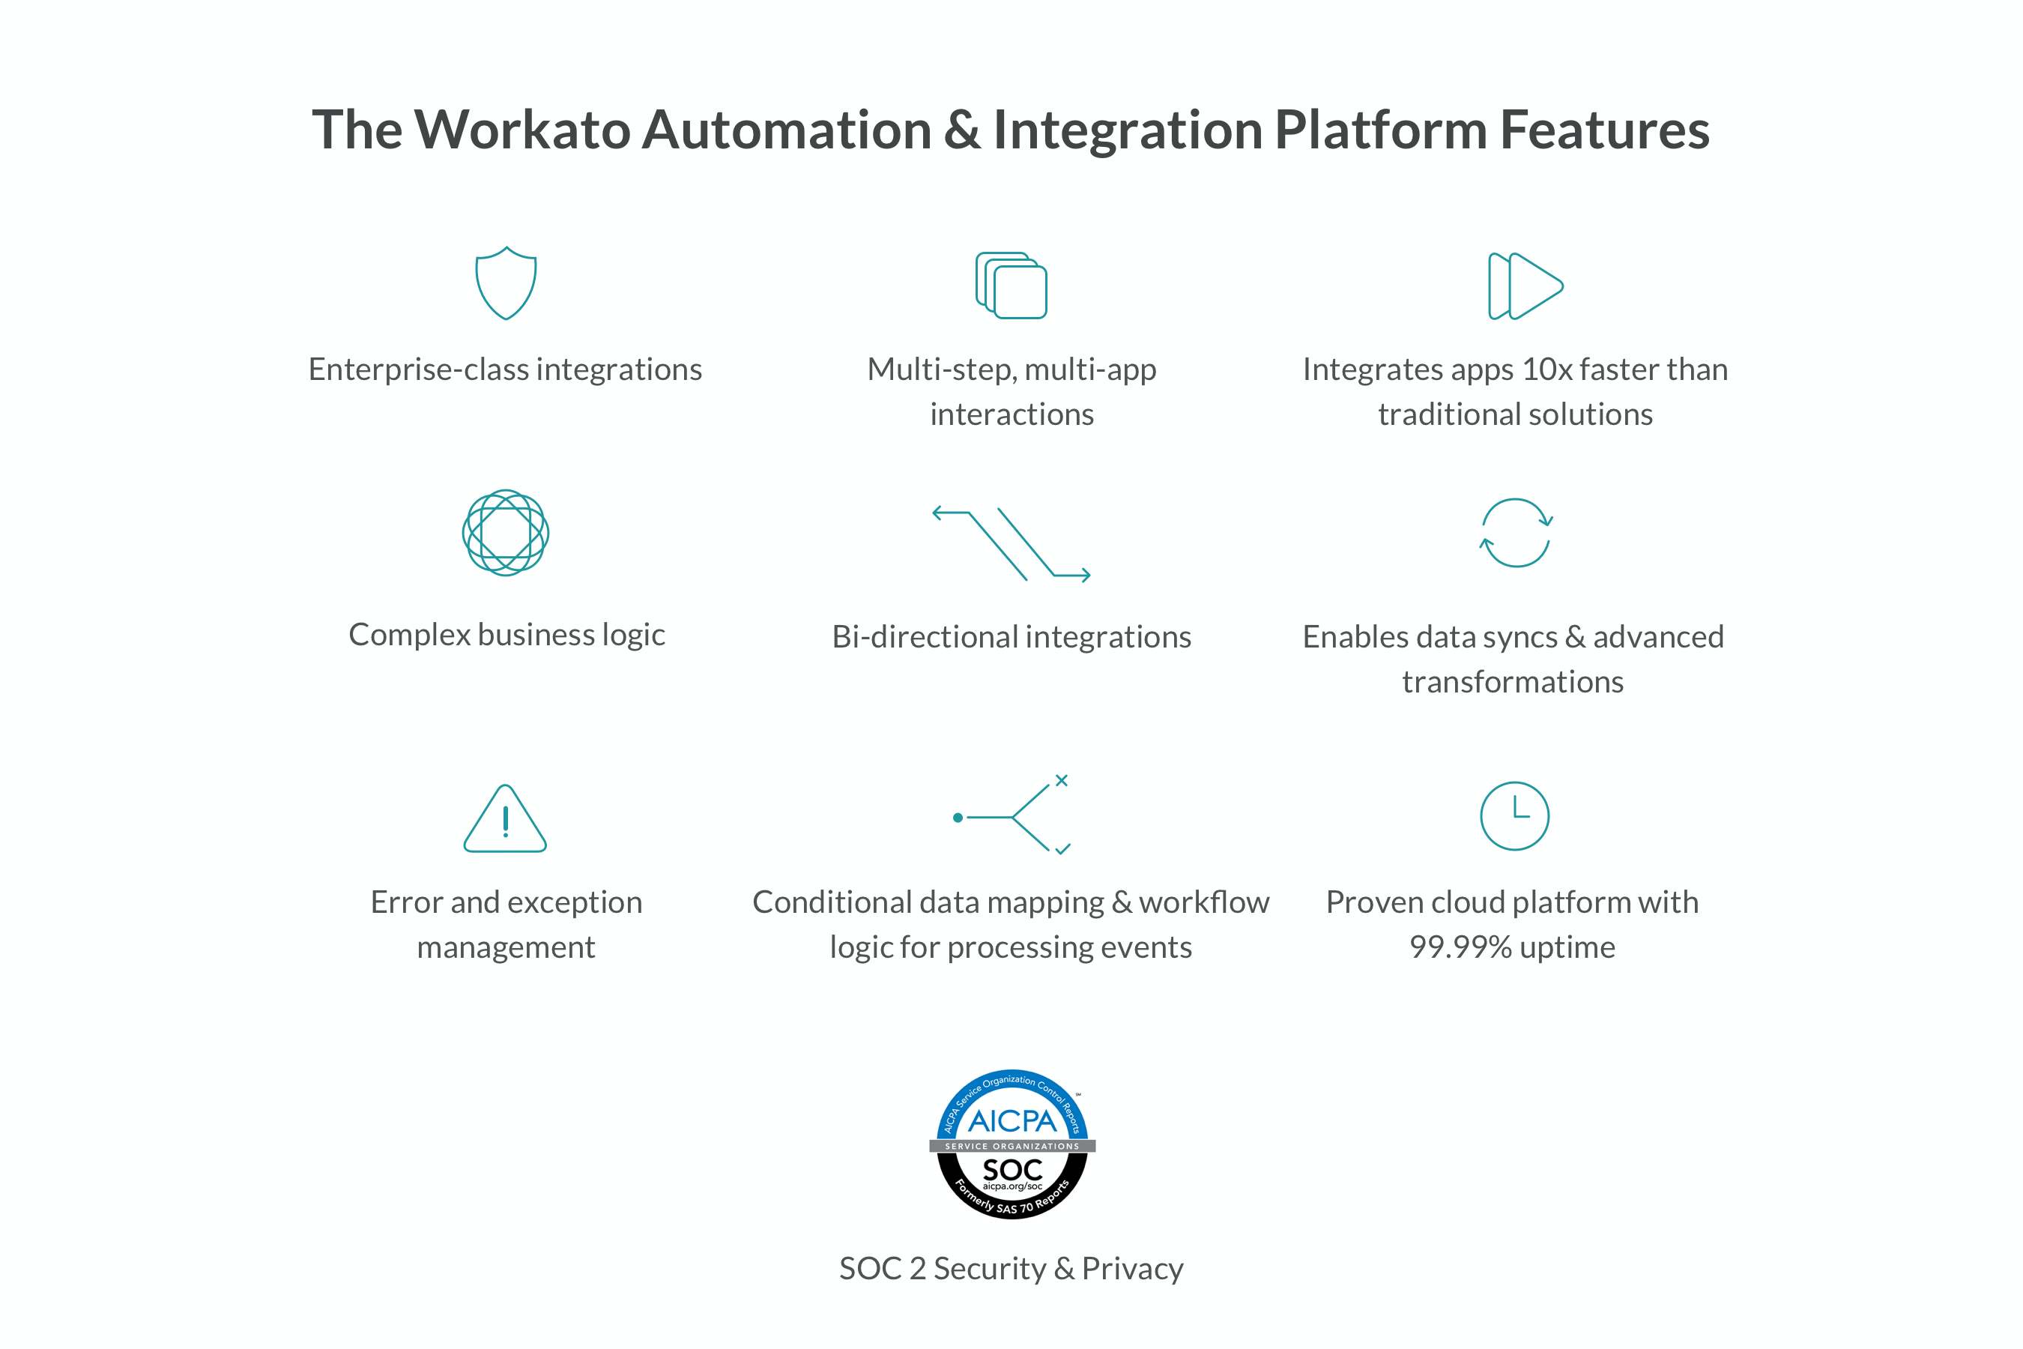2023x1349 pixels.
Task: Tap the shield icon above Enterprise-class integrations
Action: (x=506, y=283)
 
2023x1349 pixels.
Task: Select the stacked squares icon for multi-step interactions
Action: (x=1011, y=286)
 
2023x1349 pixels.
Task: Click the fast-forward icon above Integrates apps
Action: (x=1525, y=286)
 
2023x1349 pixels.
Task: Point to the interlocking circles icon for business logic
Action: (x=506, y=533)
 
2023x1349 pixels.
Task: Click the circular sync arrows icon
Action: (x=1516, y=533)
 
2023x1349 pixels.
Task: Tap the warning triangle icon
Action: (x=505, y=819)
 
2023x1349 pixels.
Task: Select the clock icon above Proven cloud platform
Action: (x=1515, y=815)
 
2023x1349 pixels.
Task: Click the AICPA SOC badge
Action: (x=1012, y=1144)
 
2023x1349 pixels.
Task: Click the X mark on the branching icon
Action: (x=1062, y=780)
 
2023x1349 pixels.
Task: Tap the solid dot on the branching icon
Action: (x=958, y=818)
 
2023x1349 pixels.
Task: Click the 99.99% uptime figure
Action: (x=1460, y=947)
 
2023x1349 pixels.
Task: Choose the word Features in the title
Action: (x=1604, y=130)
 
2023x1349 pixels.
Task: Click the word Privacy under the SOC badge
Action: (x=1132, y=1269)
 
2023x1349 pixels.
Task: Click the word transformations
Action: (x=1513, y=682)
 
